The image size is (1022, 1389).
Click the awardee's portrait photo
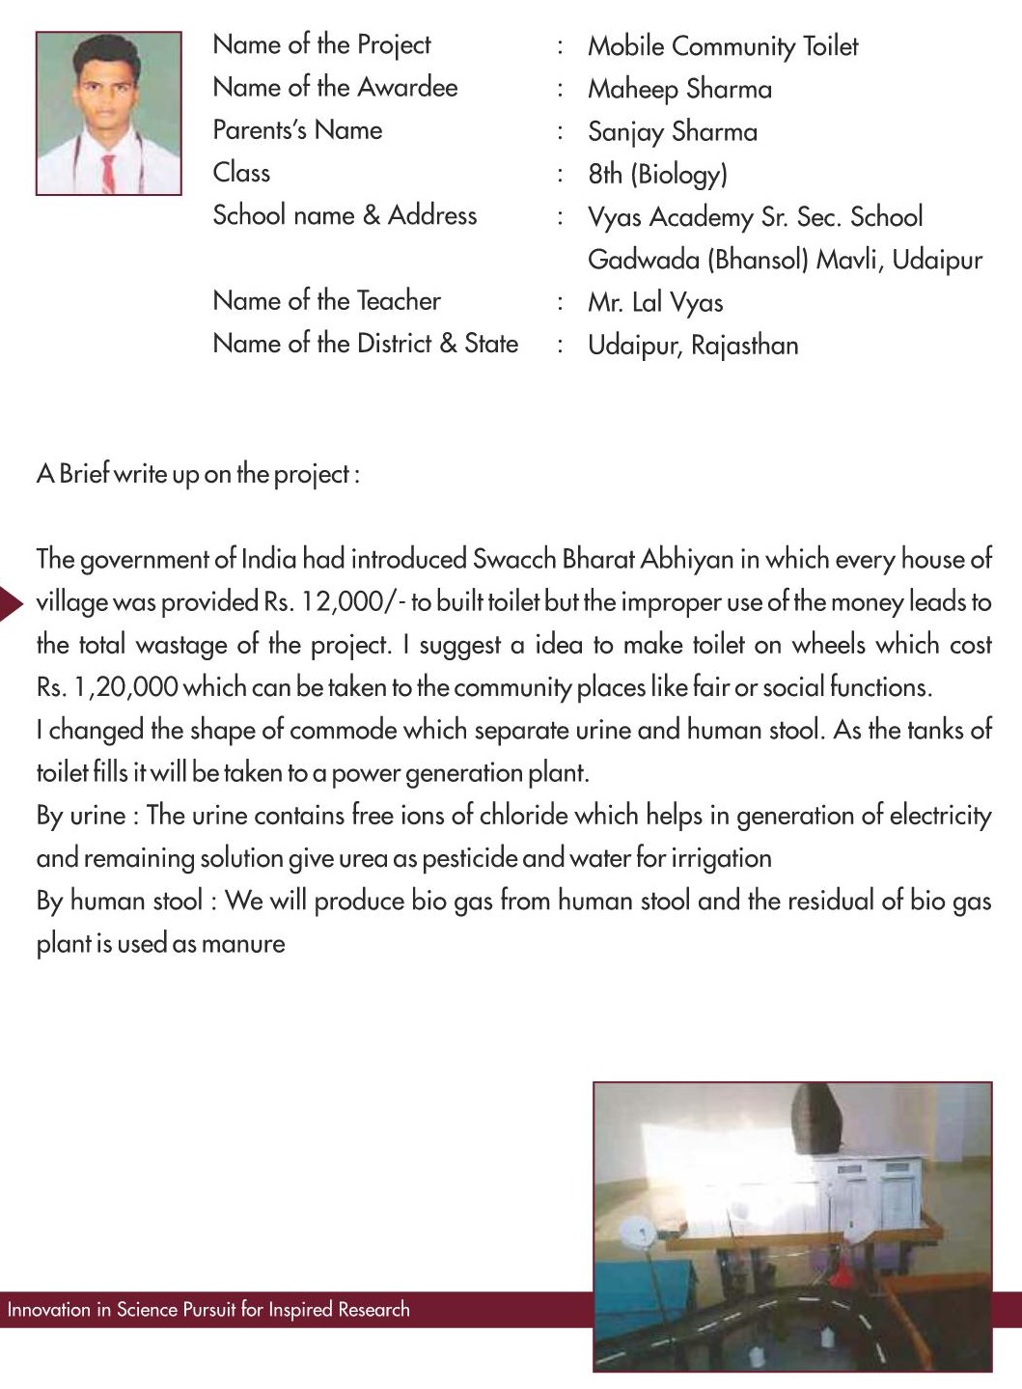(x=108, y=113)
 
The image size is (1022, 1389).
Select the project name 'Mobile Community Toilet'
(x=722, y=45)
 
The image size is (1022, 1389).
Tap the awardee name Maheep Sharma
(x=679, y=89)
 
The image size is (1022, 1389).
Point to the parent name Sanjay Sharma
(x=672, y=131)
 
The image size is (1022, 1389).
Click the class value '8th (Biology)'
(x=657, y=174)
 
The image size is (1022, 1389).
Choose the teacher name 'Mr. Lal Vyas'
(x=654, y=302)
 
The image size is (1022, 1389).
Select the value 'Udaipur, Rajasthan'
(x=692, y=345)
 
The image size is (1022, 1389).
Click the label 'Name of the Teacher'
(x=326, y=300)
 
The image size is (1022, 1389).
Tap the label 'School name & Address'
(x=345, y=215)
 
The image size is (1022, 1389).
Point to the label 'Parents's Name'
(x=297, y=130)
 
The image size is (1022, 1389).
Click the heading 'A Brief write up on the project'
(x=198, y=474)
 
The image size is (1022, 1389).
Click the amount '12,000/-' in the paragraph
(x=352, y=602)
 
